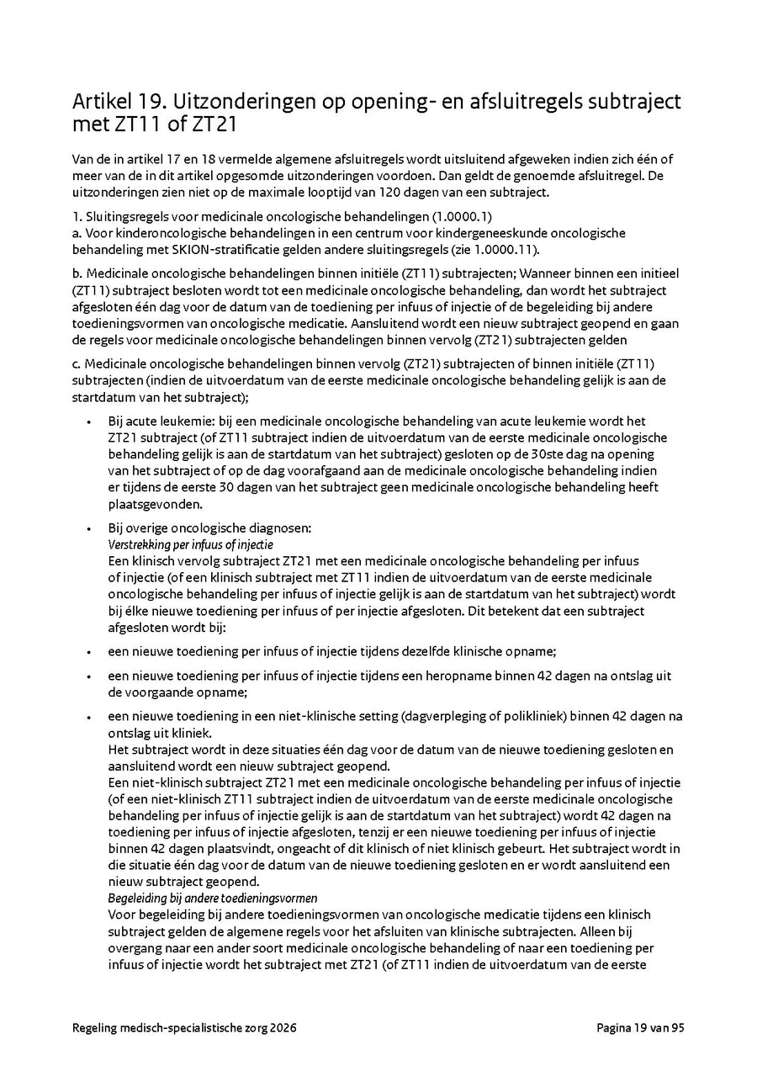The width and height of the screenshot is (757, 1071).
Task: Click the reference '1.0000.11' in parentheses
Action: click(506, 250)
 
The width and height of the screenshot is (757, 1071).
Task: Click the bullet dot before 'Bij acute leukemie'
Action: click(89, 422)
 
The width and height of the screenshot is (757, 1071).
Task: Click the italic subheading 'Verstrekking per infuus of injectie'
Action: click(190, 544)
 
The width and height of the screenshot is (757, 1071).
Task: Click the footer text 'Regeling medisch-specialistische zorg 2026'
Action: click(184, 1027)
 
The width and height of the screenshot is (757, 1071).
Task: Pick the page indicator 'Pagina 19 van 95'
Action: click(641, 1027)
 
